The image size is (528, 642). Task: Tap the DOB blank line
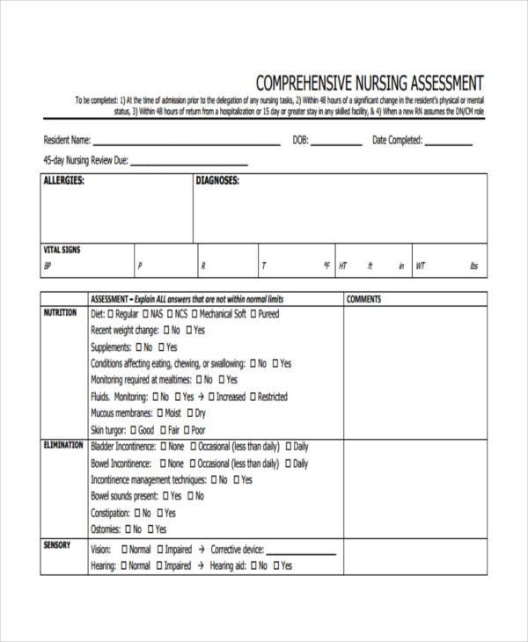point(336,143)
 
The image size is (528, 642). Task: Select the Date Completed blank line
point(450,143)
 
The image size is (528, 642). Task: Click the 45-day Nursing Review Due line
point(188,164)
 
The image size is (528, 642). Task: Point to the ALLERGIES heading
point(63,180)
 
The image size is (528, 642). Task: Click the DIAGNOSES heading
point(217,180)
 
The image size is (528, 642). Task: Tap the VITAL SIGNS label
point(62,250)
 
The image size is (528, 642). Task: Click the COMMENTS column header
point(363,299)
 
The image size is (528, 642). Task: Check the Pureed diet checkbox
point(253,314)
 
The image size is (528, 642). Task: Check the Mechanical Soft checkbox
point(194,314)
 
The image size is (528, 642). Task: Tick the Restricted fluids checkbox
point(253,397)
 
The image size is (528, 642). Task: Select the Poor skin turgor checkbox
point(186,430)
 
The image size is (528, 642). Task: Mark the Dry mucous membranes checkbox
point(189,413)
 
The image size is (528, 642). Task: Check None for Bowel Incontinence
point(161,463)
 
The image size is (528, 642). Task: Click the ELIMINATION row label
point(63,446)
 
